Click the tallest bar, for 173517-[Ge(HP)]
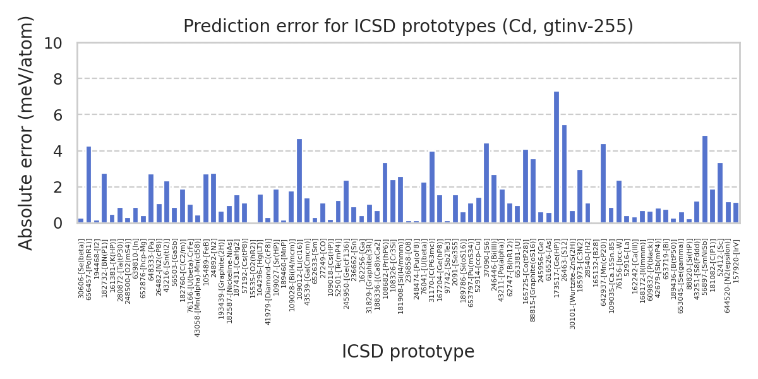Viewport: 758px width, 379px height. pyautogui.click(x=556, y=157)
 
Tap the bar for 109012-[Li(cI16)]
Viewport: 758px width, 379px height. pyautogui.click(x=299, y=181)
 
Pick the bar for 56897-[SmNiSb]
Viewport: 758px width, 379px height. pyautogui.click(x=705, y=179)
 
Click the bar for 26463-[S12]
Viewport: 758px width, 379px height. pyautogui.click(x=564, y=174)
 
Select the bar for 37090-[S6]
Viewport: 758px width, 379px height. pyautogui.click(x=486, y=183)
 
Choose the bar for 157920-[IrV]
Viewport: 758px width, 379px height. pyautogui.click(x=736, y=213)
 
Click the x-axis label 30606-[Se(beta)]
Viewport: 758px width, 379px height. pyautogui.click(x=81, y=268)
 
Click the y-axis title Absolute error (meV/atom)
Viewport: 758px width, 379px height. pyautogui.click(x=26, y=133)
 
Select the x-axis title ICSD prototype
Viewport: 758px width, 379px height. pyautogui.click(x=408, y=352)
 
